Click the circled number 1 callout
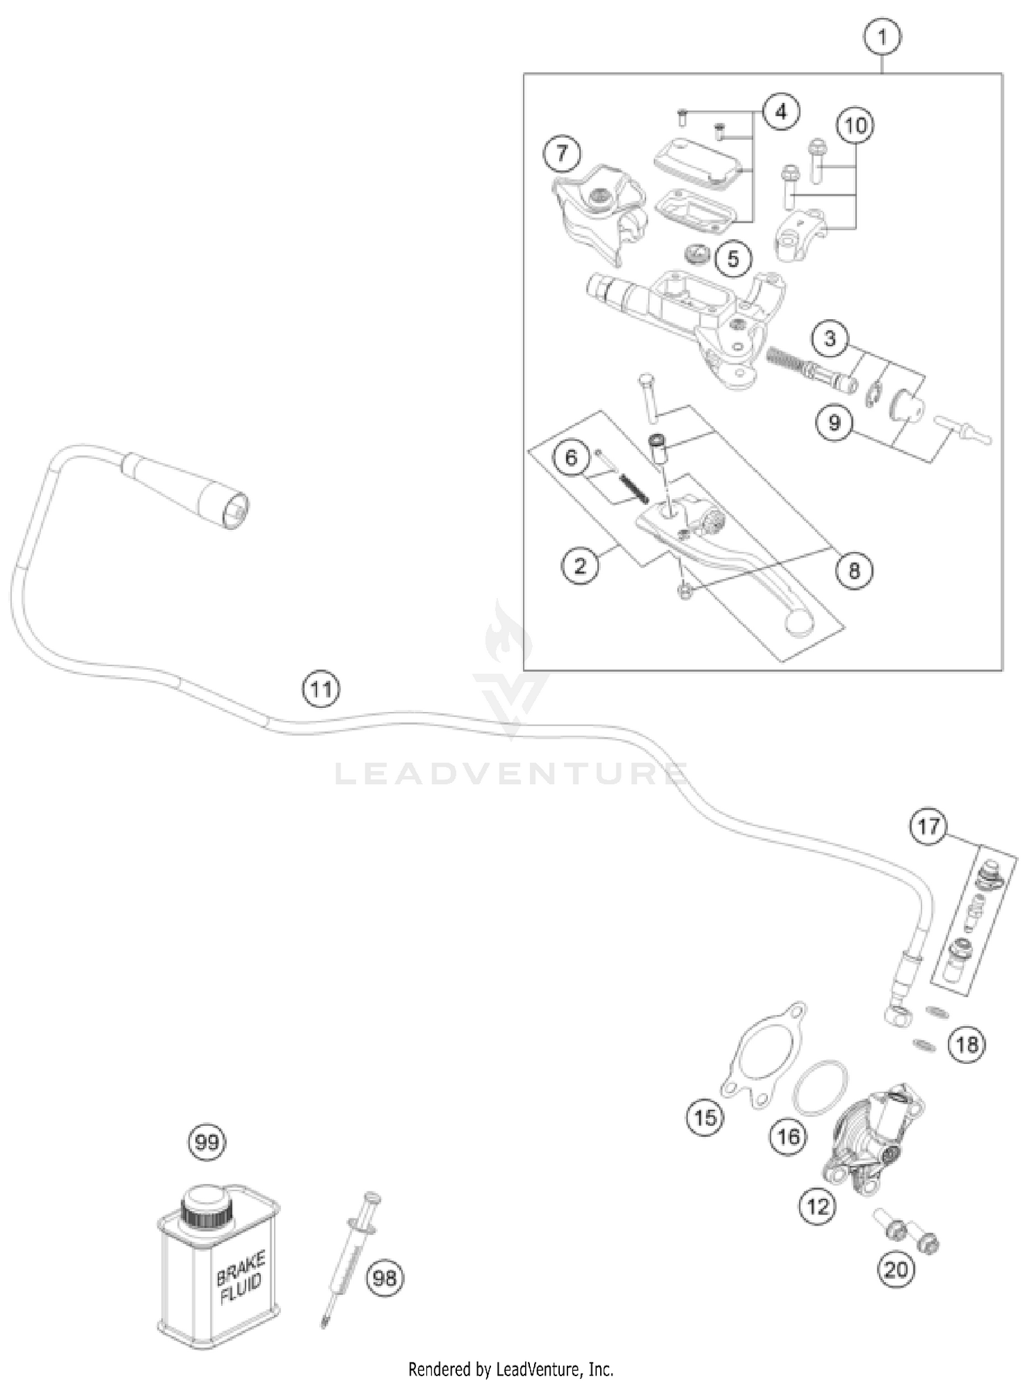pos(883,37)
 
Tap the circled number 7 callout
pos(561,153)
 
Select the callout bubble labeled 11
pos(321,689)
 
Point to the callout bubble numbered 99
pos(207,1142)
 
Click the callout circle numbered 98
pos(385,1277)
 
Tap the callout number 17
pos(928,827)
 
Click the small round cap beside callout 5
pos(698,258)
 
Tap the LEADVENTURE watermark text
pos(512,775)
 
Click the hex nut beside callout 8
pos(684,590)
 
